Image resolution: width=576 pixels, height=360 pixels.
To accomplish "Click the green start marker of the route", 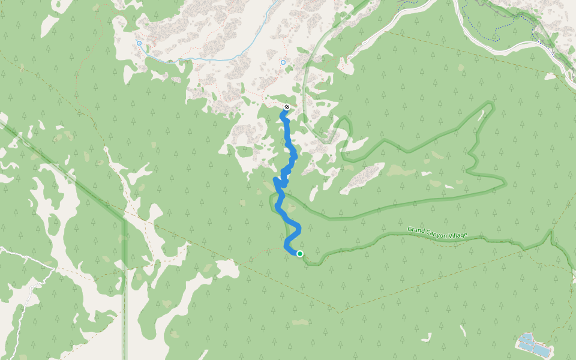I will click(x=299, y=254).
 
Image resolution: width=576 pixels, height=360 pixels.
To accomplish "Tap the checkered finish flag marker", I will click(x=287, y=107).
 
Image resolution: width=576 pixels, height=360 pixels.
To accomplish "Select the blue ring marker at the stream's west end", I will click(x=139, y=43).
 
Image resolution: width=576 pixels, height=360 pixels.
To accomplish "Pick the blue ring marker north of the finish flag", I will click(x=283, y=62).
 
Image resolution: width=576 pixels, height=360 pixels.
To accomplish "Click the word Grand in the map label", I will click(x=416, y=230).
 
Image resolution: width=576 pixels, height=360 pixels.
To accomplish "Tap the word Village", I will click(x=457, y=235).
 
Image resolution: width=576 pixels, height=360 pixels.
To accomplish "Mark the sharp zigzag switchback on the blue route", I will click(x=278, y=181).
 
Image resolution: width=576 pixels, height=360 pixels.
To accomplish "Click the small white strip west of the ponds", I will click(x=463, y=331).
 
